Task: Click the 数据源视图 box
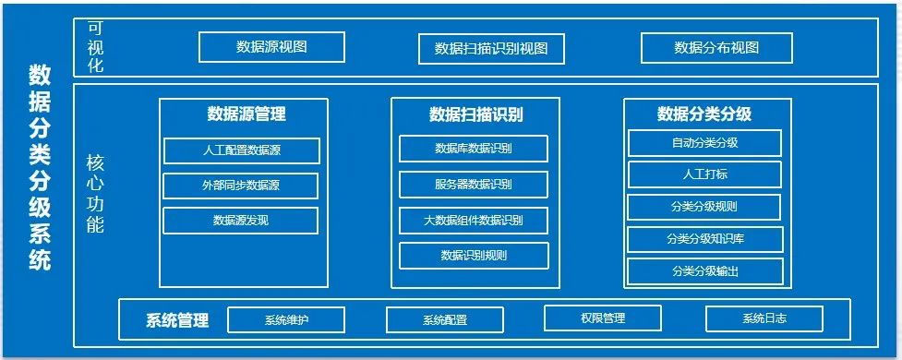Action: (271, 47)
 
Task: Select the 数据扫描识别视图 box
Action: (491, 49)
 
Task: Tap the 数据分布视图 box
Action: (716, 48)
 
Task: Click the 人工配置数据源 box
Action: (242, 150)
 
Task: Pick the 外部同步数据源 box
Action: (240, 186)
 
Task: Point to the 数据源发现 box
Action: (240, 221)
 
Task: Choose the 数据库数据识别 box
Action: (474, 149)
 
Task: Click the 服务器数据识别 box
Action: (474, 185)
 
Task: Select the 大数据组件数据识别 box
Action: (474, 221)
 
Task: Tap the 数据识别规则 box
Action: (474, 256)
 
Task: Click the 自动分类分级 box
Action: (704, 143)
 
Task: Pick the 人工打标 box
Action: (704, 174)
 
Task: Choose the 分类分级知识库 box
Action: (705, 239)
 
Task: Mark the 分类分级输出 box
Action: (705, 271)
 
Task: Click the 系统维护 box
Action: (286, 319)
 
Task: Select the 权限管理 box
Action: (603, 318)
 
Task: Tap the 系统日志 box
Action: (764, 318)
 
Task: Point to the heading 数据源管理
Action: (247, 114)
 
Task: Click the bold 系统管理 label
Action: (177, 319)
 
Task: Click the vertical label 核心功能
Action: (95, 193)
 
